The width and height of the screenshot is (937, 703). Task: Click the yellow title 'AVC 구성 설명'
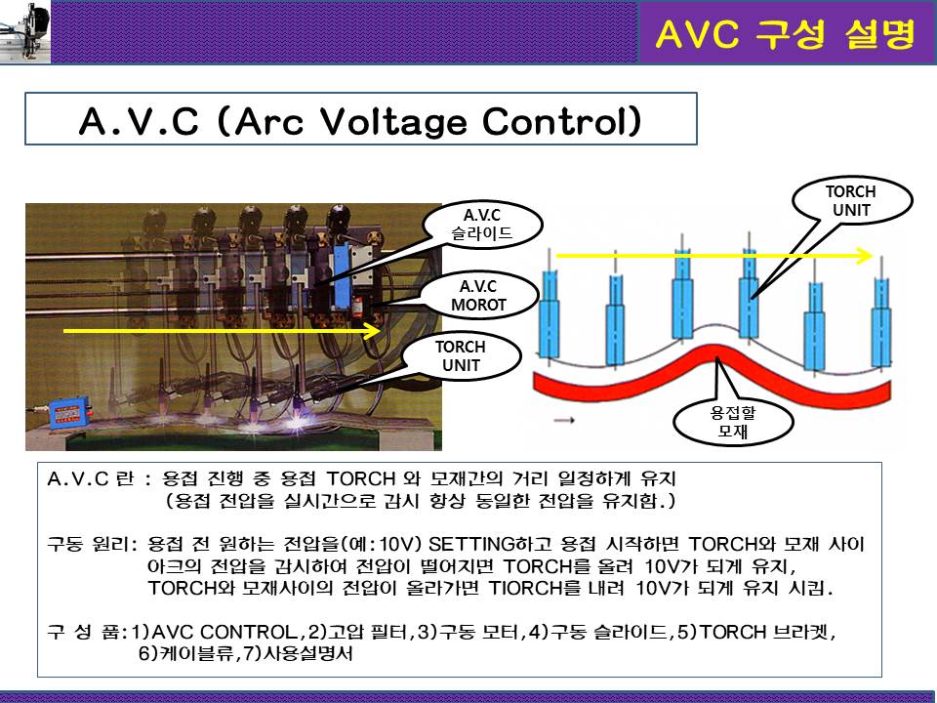(785, 33)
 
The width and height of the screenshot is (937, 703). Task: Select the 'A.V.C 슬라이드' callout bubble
(481, 225)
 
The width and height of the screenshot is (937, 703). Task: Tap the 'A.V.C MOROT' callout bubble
(478, 296)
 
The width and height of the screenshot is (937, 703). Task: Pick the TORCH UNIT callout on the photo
(461, 356)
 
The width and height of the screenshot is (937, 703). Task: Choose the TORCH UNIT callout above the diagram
(851, 201)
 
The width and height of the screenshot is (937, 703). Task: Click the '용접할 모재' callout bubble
(733, 422)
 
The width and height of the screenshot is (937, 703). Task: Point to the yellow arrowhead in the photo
(373, 331)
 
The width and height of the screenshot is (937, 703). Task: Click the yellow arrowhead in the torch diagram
(865, 256)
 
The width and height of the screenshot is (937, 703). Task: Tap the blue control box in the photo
(70, 412)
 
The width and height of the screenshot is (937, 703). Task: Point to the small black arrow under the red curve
(564, 420)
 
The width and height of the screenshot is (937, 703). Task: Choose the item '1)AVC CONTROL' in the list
(215, 632)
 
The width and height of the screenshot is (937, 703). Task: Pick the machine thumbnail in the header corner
(25, 31)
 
